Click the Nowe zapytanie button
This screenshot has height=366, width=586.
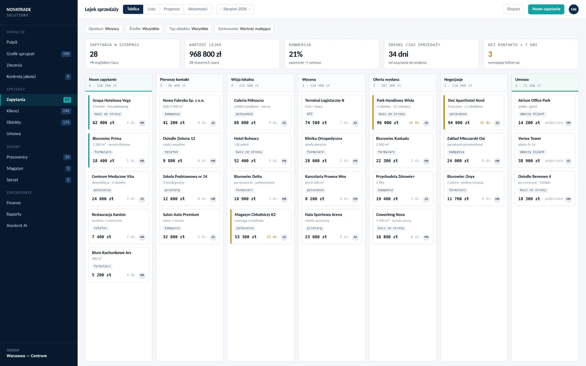click(x=546, y=9)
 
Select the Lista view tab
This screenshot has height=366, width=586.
click(x=151, y=9)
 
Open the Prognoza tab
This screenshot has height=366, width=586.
click(x=172, y=9)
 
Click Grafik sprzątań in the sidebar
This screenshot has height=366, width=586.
click(x=20, y=54)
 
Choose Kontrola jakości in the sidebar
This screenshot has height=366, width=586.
click(x=21, y=77)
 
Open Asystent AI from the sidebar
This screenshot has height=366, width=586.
click(x=17, y=226)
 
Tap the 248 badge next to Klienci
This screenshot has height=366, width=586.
click(x=66, y=111)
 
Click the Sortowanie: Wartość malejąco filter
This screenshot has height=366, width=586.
click(x=244, y=29)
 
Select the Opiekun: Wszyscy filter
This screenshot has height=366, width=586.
click(x=104, y=29)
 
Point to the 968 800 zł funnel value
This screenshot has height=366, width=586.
click(x=205, y=54)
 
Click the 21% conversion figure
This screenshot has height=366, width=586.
click(x=296, y=54)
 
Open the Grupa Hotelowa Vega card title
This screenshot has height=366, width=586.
click(x=111, y=100)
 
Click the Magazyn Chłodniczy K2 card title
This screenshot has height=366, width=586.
click(x=255, y=215)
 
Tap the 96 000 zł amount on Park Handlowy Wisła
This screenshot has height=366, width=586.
click(x=388, y=123)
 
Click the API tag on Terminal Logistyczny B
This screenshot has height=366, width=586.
click(x=309, y=114)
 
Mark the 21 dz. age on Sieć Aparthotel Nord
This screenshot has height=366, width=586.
click(x=486, y=123)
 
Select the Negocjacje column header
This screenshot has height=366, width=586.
click(x=454, y=80)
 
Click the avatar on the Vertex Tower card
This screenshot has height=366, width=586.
click(x=568, y=161)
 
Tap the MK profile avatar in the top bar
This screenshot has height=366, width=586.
click(x=574, y=9)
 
